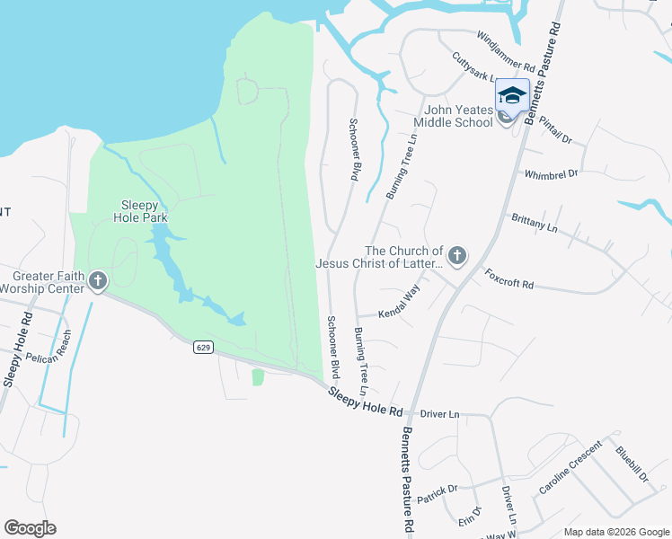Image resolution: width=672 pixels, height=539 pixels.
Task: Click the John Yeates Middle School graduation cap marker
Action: [512, 96]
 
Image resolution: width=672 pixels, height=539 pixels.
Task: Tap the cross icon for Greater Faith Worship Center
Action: [98, 281]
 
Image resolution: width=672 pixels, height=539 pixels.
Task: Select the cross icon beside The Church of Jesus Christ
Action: [457, 257]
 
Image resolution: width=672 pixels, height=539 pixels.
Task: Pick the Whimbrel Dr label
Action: [551, 173]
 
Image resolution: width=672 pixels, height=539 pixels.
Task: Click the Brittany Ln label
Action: [535, 223]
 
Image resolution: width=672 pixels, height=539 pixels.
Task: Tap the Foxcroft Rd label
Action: [509, 278]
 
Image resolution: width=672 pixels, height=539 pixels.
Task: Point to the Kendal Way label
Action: [400, 302]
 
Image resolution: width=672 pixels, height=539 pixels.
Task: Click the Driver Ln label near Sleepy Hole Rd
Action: [440, 414]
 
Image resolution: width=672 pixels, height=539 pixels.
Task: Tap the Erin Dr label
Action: [470, 518]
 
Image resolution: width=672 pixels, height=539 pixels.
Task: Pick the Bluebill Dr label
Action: [632, 464]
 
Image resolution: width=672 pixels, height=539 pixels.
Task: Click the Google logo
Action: [30, 528]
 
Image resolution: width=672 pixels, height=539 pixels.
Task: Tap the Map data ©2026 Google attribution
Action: [615, 532]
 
